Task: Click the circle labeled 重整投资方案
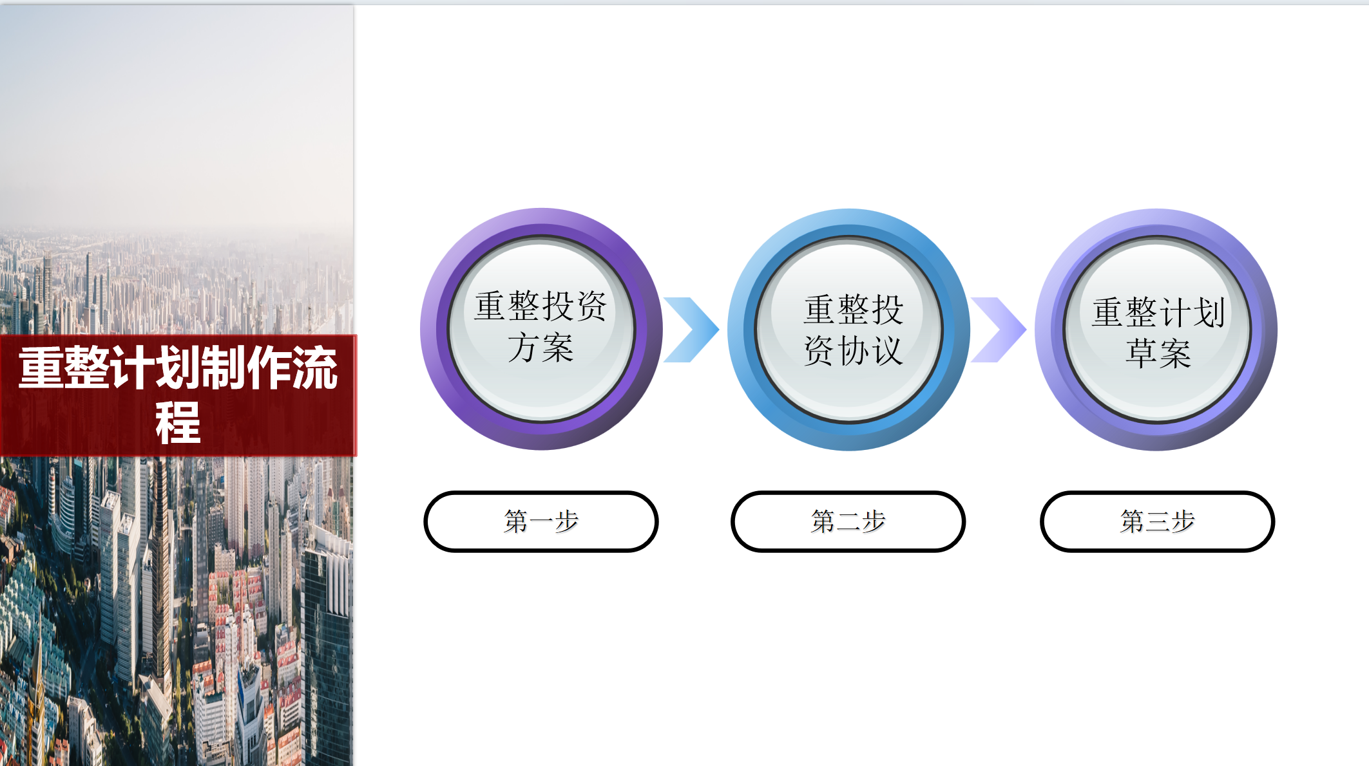click(x=541, y=329)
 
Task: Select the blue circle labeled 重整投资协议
click(x=848, y=330)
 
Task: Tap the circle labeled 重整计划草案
click(x=1156, y=330)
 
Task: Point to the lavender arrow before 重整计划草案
click(x=999, y=330)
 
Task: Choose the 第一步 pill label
click(x=541, y=521)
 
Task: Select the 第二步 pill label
click(x=848, y=521)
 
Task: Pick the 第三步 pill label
click(x=1158, y=521)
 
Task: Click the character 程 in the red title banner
click(x=178, y=422)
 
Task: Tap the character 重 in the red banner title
click(x=41, y=367)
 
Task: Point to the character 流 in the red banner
click(x=315, y=367)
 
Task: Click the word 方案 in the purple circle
click(x=541, y=348)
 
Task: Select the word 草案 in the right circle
click(x=1158, y=353)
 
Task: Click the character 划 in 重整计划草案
click(x=1209, y=313)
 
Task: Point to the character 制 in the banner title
click(x=224, y=367)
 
